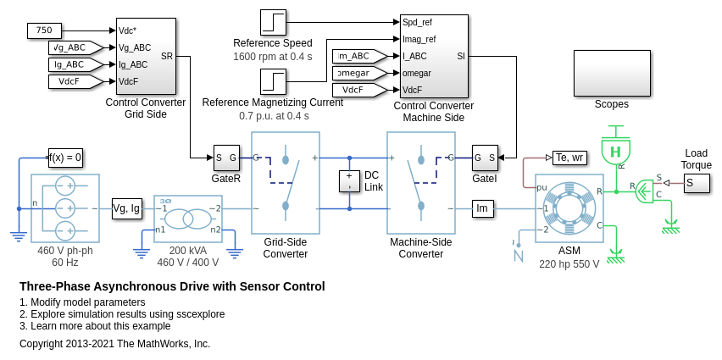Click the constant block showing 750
(x=45, y=30)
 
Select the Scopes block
(x=612, y=74)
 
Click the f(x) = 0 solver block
(x=66, y=158)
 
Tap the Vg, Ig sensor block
(x=127, y=208)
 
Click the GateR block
(x=226, y=158)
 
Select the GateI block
(x=485, y=158)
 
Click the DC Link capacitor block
(x=350, y=181)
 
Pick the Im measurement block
(x=483, y=208)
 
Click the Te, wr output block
(x=569, y=158)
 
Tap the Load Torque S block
(x=697, y=183)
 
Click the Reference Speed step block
(x=273, y=23)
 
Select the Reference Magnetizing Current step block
(x=273, y=82)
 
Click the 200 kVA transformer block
(x=188, y=219)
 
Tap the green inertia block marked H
(x=616, y=152)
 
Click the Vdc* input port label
(x=128, y=30)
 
